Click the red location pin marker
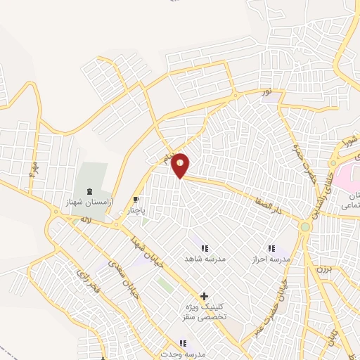click(181, 165)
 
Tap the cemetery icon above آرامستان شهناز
click(89, 191)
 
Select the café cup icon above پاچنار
click(136, 200)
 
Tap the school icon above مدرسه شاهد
click(205, 247)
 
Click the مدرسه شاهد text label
click(205, 259)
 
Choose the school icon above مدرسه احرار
click(271, 247)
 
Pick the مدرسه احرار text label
click(271, 259)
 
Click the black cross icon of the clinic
click(205, 297)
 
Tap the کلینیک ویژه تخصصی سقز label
click(204, 313)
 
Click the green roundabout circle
click(305, 227)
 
